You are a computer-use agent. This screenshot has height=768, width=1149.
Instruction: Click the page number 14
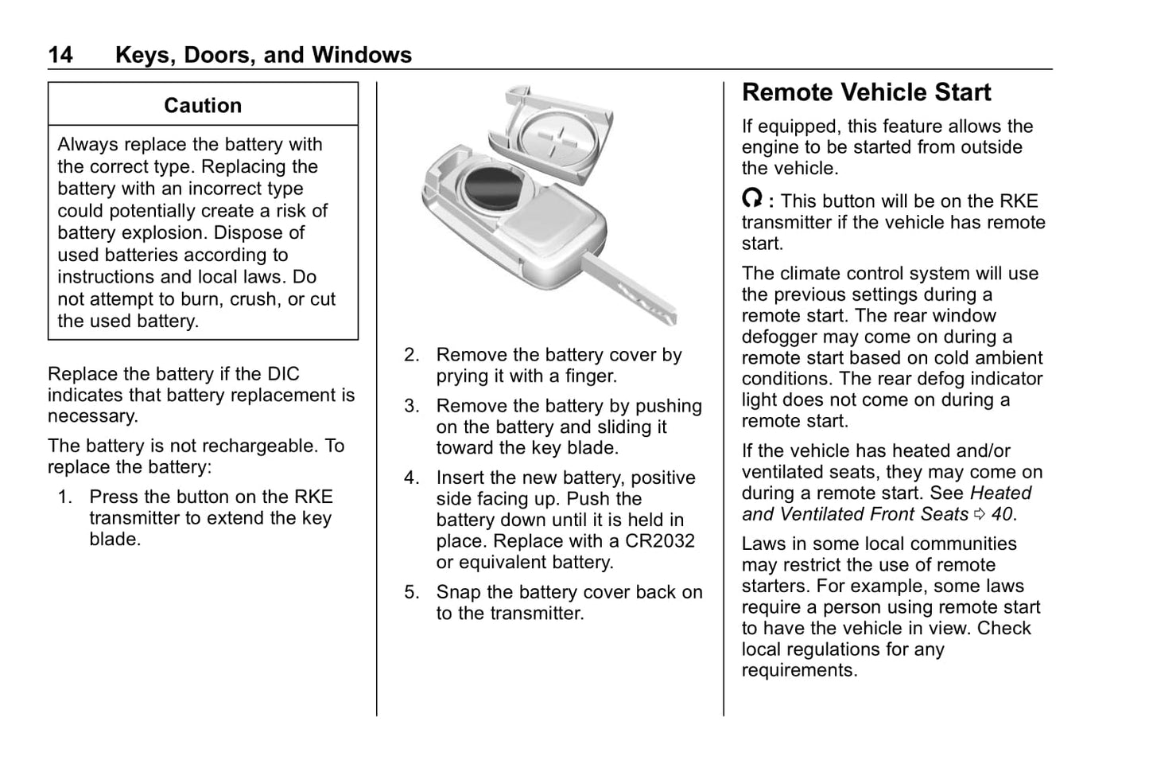click(60, 55)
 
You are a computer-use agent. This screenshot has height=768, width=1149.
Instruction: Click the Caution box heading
click(203, 105)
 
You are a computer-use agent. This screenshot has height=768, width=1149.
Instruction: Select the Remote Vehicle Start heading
click(866, 92)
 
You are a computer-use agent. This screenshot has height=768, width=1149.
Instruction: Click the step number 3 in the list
click(411, 406)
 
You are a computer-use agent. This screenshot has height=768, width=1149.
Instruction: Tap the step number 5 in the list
click(411, 592)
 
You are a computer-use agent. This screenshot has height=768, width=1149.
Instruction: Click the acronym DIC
click(283, 374)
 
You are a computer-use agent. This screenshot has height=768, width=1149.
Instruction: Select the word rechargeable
click(255, 446)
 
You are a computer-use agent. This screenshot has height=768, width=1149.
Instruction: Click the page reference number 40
click(1002, 514)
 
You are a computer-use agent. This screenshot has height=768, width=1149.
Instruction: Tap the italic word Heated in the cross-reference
click(1000, 493)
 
